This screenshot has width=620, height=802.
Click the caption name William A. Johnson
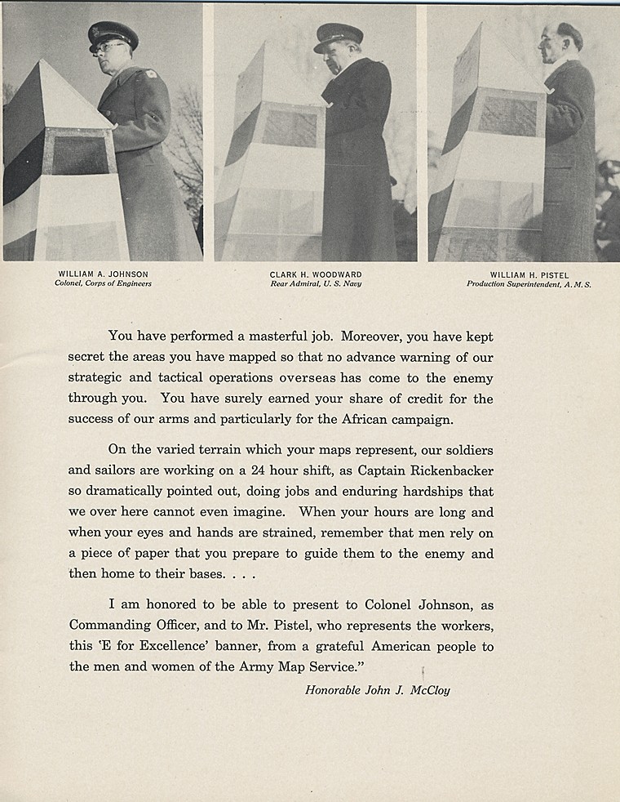[104, 274]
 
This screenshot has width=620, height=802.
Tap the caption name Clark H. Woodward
[316, 274]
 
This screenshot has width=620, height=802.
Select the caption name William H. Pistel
[529, 274]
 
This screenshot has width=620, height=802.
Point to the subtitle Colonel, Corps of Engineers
[104, 284]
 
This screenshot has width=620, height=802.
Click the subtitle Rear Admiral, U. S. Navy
[316, 284]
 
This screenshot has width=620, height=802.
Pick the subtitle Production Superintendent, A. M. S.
[529, 284]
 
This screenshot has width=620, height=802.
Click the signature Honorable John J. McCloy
[378, 690]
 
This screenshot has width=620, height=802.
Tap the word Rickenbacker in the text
[445, 471]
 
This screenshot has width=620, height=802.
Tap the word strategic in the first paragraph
[97, 378]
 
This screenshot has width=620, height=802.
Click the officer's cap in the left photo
[113, 35]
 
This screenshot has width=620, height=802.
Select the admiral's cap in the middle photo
[338, 37]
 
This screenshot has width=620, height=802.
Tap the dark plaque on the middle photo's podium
[290, 128]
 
